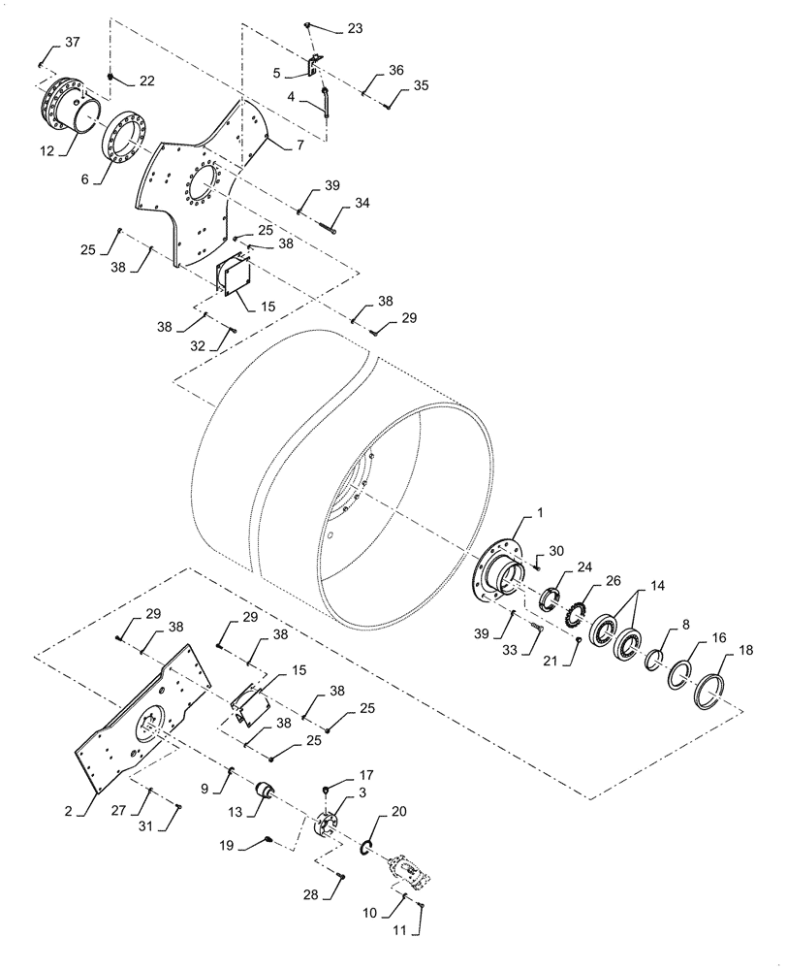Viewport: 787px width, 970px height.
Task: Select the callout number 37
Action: (x=73, y=42)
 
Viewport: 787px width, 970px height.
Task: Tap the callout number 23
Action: (x=354, y=29)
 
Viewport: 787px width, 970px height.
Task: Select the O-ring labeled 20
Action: (x=368, y=850)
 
